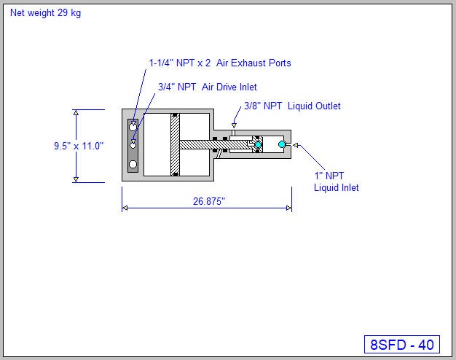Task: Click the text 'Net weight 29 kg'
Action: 45,13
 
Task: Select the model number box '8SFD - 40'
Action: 401,345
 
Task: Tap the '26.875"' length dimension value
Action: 209,202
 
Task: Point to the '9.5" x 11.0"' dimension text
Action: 79,146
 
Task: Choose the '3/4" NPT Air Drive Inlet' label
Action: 207,87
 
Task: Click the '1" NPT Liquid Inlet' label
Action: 336,181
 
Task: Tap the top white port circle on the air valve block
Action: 133,127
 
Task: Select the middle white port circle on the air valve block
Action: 133,145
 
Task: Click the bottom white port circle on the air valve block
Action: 133,164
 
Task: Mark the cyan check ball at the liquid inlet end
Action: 282,145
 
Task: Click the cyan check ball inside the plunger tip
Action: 257,145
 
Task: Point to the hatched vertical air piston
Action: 175,145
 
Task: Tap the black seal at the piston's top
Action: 175,116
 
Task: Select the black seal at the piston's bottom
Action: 175,173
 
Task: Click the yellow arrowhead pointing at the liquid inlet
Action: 297,146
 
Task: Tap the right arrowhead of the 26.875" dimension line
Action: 288,208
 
